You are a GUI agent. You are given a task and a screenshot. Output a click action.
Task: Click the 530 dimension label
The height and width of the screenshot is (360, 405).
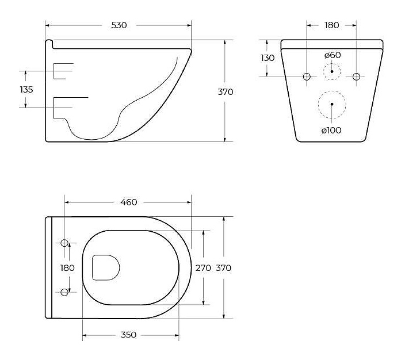(119, 25)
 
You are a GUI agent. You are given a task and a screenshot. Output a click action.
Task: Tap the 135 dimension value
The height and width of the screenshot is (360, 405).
(26, 90)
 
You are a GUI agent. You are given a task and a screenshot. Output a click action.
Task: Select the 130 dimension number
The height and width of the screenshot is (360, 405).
(268, 58)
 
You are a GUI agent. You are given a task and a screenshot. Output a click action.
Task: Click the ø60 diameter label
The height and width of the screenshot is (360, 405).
(333, 55)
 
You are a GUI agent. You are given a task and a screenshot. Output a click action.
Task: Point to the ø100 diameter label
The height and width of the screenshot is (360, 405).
(331, 130)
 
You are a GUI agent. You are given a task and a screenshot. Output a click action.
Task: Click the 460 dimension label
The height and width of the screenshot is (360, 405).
(129, 202)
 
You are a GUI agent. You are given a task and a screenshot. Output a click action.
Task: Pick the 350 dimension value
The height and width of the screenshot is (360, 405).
(128, 335)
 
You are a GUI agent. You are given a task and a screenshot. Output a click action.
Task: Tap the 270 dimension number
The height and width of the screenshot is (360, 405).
(203, 268)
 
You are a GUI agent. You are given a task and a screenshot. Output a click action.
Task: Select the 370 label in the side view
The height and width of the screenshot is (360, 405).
(226, 92)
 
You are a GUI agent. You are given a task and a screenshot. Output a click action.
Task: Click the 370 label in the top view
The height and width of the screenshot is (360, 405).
(223, 268)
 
